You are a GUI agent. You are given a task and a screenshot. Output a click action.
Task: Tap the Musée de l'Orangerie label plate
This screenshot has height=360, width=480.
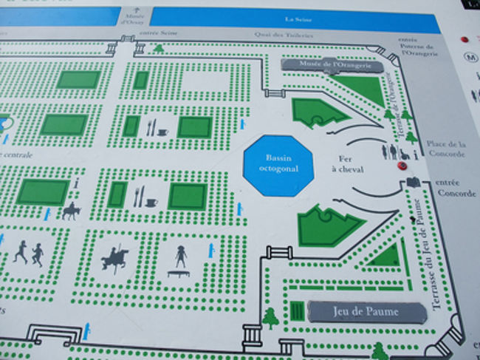tap(332, 66)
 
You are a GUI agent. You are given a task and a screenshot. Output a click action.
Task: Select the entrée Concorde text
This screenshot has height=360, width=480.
tap(453, 189)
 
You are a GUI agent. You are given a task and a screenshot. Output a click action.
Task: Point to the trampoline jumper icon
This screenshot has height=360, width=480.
tap(179, 259)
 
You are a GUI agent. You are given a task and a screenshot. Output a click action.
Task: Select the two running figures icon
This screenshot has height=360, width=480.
tap(28, 253)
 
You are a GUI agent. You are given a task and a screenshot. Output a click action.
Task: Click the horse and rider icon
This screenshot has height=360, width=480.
tap(72, 211)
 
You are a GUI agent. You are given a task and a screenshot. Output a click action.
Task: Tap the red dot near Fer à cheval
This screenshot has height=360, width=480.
tap(402, 166)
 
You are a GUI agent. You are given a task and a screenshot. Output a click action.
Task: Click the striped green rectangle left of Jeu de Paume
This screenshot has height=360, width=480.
tap(297, 311)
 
